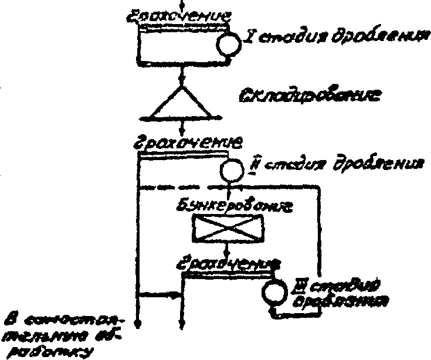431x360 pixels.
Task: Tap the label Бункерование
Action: coord(229,206)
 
